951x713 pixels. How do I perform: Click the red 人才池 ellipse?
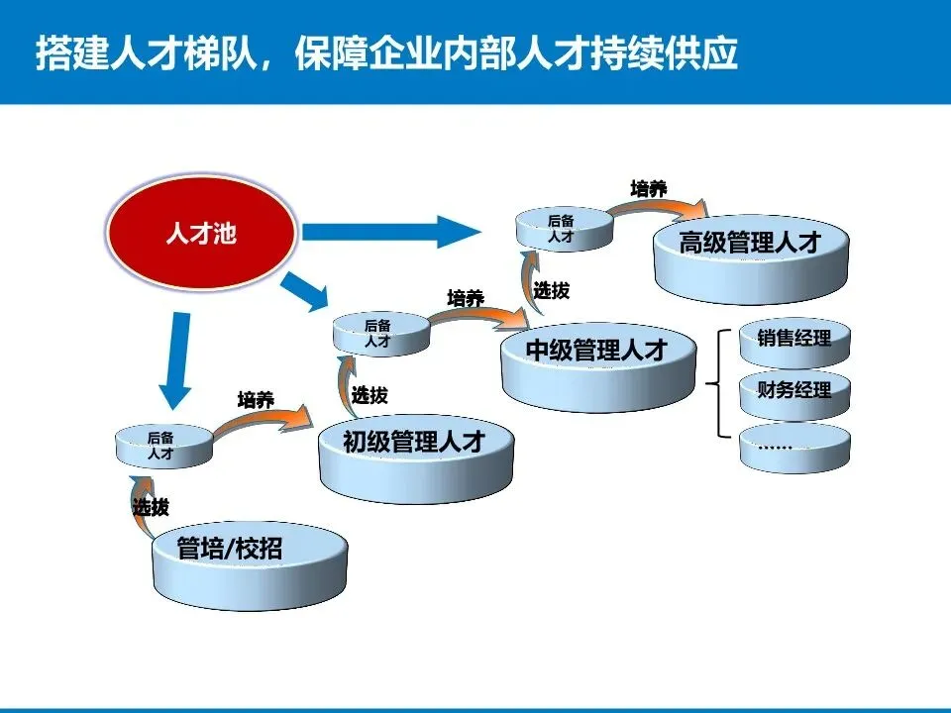click(202, 236)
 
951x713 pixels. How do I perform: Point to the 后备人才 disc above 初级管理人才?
click(379, 334)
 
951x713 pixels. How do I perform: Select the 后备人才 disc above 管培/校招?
click(162, 446)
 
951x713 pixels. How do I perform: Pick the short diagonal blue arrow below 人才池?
click(305, 291)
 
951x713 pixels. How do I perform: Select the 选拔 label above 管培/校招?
click(151, 508)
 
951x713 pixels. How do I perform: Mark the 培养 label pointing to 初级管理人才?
click(255, 400)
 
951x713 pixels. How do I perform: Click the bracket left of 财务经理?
click(719, 383)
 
